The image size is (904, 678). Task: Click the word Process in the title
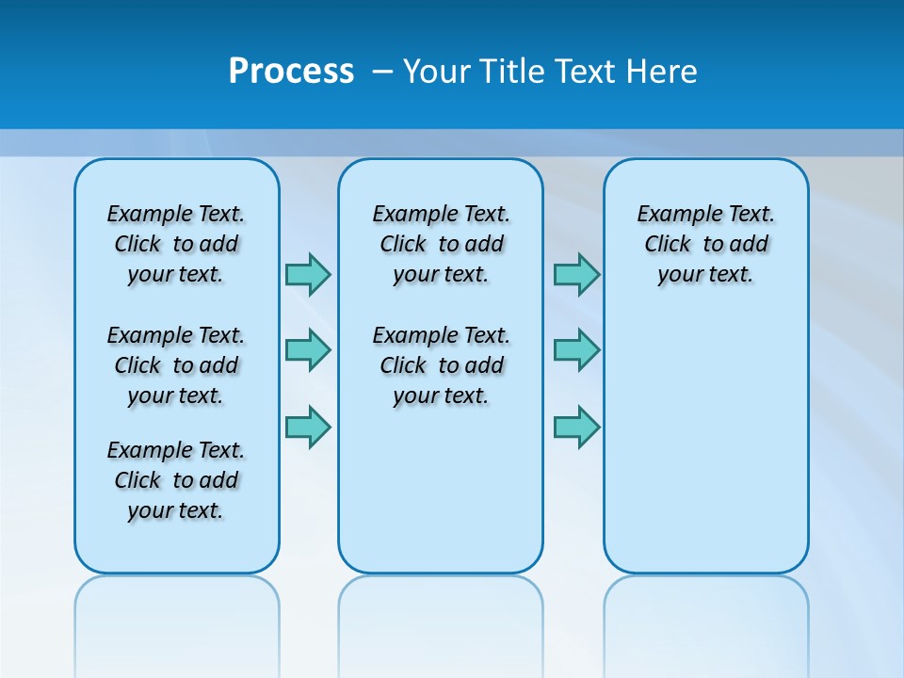(291, 72)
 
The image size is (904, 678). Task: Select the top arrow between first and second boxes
(308, 274)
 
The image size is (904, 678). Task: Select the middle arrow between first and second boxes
(308, 350)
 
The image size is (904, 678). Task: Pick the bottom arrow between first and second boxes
(308, 428)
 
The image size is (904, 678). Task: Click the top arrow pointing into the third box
(576, 274)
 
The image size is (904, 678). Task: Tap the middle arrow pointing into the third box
(576, 350)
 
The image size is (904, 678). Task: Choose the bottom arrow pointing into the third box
(576, 428)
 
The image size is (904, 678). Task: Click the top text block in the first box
(176, 244)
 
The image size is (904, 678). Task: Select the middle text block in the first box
(176, 365)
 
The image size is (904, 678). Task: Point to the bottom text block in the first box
(176, 480)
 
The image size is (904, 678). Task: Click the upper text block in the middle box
(441, 244)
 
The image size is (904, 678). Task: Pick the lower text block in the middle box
(441, 365)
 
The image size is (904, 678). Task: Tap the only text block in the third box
(706, 244)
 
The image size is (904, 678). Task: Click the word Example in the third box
(670, 215)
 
